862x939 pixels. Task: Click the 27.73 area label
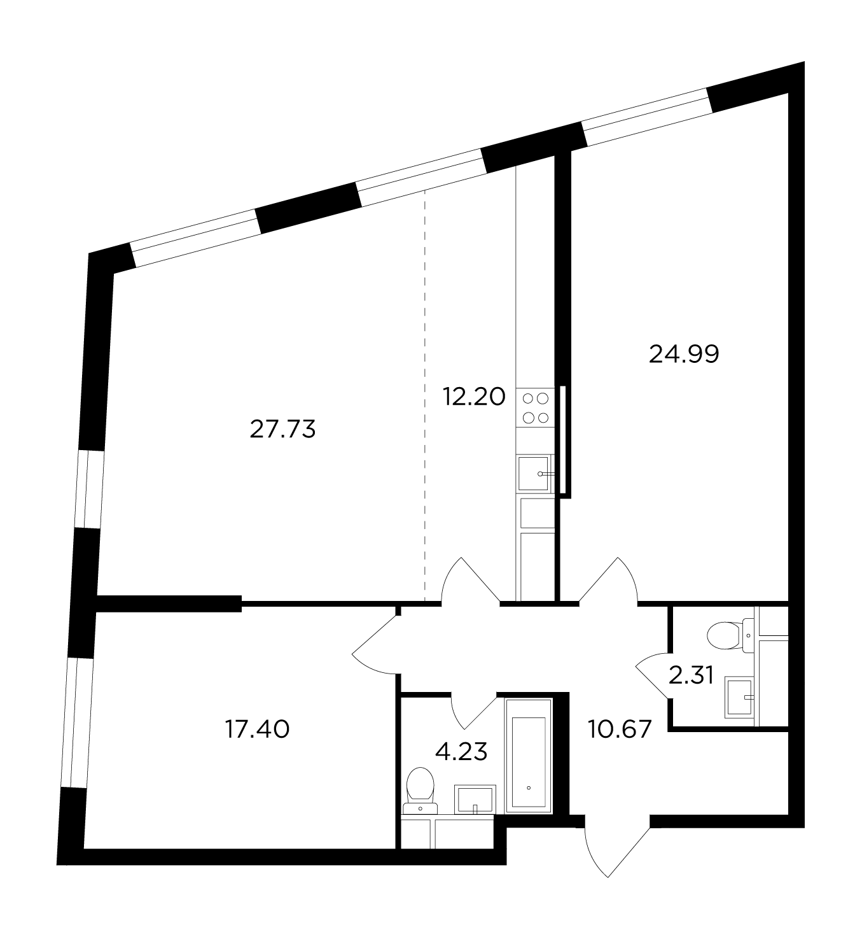tap(282, 429)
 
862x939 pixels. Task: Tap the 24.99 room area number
tap(684, 354)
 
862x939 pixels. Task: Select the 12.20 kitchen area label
tap(474, 397)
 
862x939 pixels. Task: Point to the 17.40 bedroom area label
tap(258, 729)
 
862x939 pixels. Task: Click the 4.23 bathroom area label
tap(461, 752)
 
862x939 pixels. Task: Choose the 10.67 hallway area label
tap(620, 729)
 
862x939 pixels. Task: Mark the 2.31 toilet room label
tap(692, 675)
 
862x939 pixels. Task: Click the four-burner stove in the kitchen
tap(536, 407)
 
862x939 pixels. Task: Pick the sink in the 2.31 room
tap(739, 697)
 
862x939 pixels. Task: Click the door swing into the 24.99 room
tap(608, 581)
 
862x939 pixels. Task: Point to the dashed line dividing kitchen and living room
tap(424, 395)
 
